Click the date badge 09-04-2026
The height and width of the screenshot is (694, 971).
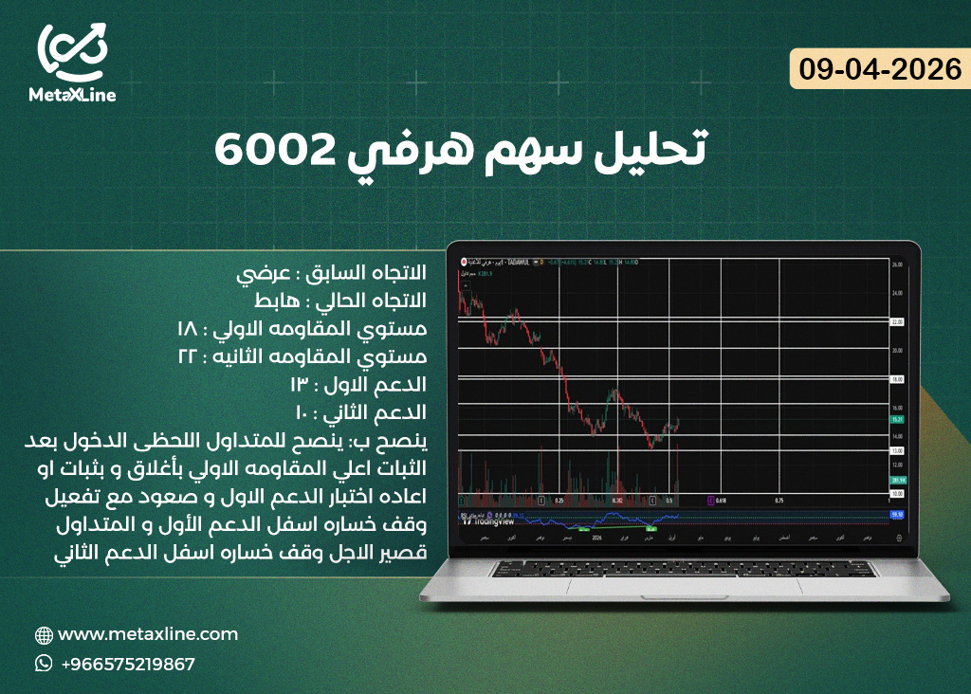click(x=880, y=69)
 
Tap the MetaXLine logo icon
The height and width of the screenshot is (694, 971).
click(x=73, y=53)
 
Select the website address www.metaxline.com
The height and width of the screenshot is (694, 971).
click(x=147, y=634)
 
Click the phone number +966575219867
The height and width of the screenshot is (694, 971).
click(x=127, y=664)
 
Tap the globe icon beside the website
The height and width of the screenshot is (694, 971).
click(x=44, y=635)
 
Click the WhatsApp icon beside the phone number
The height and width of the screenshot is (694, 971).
click(x=44, y=664)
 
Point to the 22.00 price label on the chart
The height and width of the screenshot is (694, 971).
click(x=897, y=322)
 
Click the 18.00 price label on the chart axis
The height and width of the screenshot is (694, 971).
click(x=897, y=379)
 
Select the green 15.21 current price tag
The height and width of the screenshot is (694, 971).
click(x=897, y=418)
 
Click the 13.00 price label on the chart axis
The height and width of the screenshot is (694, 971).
click(x=897, y=450)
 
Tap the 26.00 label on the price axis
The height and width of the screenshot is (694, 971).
click(x=897, y=266)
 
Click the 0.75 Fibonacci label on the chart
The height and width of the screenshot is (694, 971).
click(x=779, y=500)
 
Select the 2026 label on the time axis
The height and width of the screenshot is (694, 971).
click(x=596, y=537)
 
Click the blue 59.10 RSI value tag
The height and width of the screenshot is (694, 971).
click(x=897, y=514)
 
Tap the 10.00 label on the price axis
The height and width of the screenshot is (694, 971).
click(x=897, y=494)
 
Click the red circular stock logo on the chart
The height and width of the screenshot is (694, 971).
click(x=464, y=260)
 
